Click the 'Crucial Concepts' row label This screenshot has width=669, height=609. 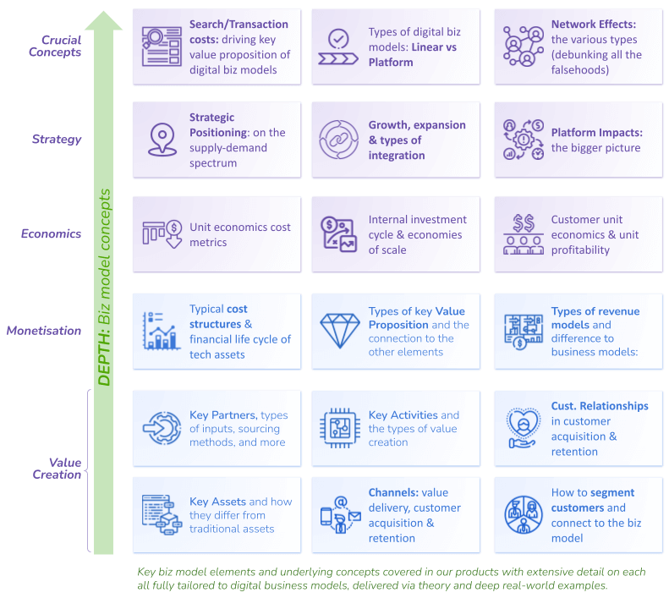[x=61, y=46]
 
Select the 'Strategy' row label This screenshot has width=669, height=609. [x=57, y=140]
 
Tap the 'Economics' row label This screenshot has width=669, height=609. [x=52, y=233]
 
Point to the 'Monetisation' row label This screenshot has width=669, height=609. [x=44, y=331]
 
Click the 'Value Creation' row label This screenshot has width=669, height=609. [x=58, y=468]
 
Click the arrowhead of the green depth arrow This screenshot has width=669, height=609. [x=103, y=19]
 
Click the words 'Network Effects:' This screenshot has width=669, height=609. [x=593, y=25]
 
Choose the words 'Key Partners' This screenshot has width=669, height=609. [x=222, y=415]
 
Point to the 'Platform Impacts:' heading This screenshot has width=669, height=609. [x=596, y=133]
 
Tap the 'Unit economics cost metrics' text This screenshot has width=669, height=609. [x=239, y=235]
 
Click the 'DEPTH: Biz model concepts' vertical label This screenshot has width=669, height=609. [x=105, y=288]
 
